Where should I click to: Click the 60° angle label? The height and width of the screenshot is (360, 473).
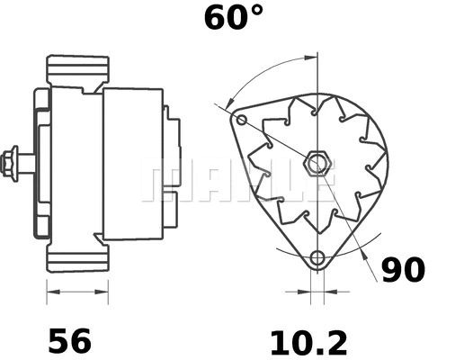click(x=234, y=17)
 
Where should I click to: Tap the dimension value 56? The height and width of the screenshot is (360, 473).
click(x=69, y=341)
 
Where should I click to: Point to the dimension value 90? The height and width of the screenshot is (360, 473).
click(x=403, y=270)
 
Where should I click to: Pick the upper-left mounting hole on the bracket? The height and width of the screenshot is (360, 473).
click(x=240, y=119)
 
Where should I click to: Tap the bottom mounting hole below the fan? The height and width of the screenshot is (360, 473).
click(x=317, y=260)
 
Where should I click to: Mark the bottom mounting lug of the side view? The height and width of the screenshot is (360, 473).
click(x=77, y=258)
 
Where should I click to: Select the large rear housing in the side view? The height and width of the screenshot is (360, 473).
click(x=132, y=164)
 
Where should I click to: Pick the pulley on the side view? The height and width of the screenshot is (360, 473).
click(x=41, y=164)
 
